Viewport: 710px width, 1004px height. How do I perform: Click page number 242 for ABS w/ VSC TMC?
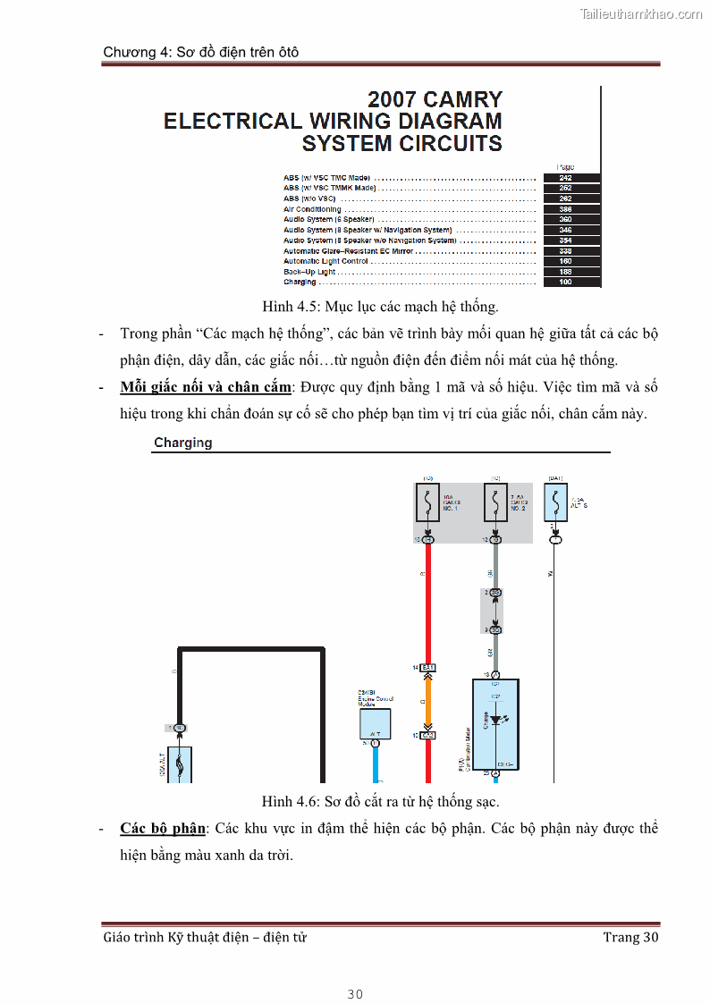(x=565, y=178)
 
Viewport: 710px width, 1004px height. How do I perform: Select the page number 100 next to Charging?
(x=565, y=283)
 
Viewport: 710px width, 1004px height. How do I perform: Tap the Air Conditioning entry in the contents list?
(x=313, y=209)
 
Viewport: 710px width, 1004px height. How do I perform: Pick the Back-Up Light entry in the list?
(x=309, y=272)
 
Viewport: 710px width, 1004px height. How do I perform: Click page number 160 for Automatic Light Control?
(x=565, y=261)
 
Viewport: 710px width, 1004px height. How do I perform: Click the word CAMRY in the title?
(x=462, y=99)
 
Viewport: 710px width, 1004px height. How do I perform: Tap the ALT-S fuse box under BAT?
(x=555, y=504)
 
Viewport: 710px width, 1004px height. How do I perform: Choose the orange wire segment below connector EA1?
(x=428, y=702)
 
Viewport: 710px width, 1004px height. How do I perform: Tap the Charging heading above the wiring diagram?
(x=182, y=443)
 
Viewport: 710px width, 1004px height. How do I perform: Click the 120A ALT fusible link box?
(x=180, y=764)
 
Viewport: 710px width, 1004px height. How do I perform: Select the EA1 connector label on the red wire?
(x=428, y=668)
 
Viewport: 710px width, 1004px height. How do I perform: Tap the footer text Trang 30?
(x=630, y=937)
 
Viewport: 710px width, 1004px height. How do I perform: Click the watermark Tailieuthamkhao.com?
(x=640, y=13)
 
